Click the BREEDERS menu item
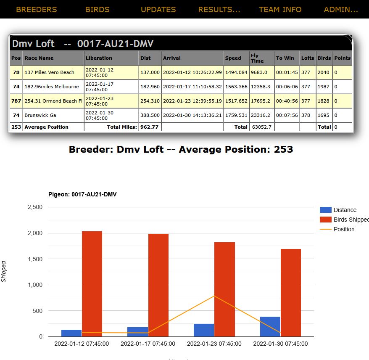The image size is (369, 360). coord(36,10)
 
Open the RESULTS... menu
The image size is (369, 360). coord(219,10)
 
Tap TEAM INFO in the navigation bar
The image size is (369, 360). coord(280,10)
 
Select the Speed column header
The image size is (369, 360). coord(233,58)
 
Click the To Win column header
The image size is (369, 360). coord(285,58)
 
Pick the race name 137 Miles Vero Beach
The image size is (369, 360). coord(49,72)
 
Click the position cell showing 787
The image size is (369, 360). coord(16,101)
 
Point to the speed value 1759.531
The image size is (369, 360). coord(236,115)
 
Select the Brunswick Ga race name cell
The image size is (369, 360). coord(40,115)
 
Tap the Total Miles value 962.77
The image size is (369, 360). coord(149,127)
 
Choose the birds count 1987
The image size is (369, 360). coord(324,87)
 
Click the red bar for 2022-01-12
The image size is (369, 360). coord(92,284)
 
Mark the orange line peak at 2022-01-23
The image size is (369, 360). coord(214,296)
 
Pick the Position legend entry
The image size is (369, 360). coord(344,229)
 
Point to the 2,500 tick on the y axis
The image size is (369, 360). coord(35,207)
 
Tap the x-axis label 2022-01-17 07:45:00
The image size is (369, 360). coord(148,344)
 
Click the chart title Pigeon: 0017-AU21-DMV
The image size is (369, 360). coord(82,194)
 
